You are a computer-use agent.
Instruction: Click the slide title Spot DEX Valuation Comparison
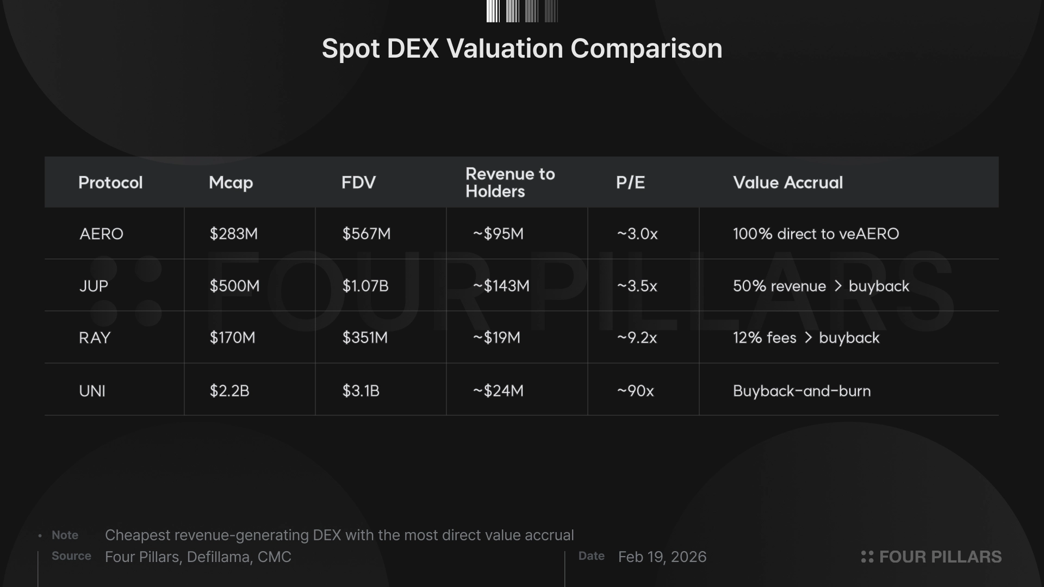click(522, 48)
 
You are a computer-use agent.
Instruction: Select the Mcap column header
click(231, 183)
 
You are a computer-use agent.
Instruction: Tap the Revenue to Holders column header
click(510, 183)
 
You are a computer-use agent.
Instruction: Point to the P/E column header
click(630, 183)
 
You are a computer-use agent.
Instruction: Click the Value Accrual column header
click(788, 183)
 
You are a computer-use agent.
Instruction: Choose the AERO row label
click(101, 234)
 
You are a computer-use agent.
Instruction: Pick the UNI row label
click(92, 391)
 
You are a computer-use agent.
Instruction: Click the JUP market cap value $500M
click(234, 286)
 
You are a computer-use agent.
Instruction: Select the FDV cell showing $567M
click(366, 234)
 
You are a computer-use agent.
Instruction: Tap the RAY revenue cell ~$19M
click(496, 338)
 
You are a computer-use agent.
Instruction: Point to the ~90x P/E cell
click(635, 391)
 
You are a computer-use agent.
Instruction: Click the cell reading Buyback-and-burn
click(801, 391)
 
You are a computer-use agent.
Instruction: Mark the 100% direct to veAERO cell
click(816, 234)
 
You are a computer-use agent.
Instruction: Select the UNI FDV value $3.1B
click(361, 391)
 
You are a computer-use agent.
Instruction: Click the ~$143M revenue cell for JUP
click(501, 286)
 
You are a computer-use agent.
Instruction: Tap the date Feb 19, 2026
click(662, 557)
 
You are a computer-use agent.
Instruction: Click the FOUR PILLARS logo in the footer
click(931, 557)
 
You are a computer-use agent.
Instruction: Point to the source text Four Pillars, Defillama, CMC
click(198, 557)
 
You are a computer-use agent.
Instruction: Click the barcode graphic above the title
click(522, 11)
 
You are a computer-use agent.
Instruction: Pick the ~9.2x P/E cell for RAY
click(637, 338)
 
